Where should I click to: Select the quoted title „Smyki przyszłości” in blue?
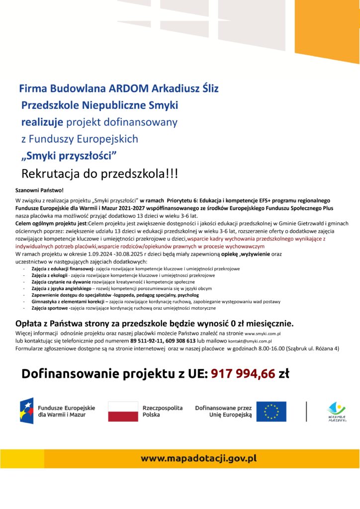coord(69,156)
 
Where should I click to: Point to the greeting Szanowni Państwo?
coord(40,190)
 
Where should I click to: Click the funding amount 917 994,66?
coord(243,373)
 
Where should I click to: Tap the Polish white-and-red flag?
coord(123,411)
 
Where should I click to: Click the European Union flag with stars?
coord(271,411)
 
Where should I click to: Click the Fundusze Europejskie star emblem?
coord(27,411)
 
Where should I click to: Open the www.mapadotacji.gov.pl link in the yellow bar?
coord(198,458)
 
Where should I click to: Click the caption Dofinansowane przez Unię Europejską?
coord(223,411)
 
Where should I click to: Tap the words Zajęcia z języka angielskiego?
coord(61,288)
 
